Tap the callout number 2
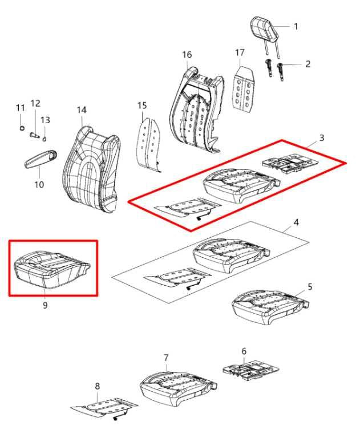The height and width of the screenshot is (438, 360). [308, 64]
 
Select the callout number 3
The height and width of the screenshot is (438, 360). [322, 137]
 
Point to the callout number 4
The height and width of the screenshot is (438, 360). [296, 222]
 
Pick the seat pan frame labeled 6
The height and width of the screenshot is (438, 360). [250, 370]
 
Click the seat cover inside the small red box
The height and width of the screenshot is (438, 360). [52, 269]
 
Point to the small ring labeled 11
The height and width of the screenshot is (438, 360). [22, 128]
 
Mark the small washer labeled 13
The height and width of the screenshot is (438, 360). [44, 139]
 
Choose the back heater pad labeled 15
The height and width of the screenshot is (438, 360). [148, 144]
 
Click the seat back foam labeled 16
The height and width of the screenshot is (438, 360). [197, 110]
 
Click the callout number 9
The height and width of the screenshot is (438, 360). [45, 305]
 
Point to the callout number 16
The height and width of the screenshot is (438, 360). [187, 55]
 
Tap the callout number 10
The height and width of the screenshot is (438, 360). [39, 185]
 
